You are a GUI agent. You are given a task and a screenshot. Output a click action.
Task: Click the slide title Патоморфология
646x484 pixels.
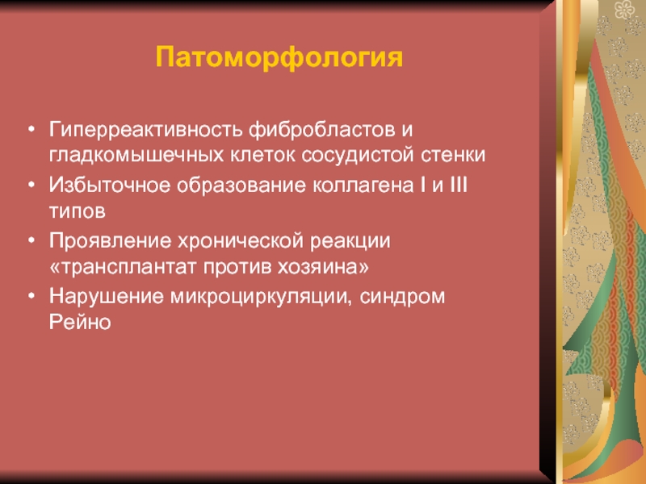[279, 57]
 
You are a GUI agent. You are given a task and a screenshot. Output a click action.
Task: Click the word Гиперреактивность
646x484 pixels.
[145, 131]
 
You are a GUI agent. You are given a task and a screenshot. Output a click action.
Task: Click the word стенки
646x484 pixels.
[453, 156]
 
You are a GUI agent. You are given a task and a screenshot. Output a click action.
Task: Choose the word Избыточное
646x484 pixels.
[110, 186]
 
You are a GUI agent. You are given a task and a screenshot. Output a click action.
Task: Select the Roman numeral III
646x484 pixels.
[459, 185]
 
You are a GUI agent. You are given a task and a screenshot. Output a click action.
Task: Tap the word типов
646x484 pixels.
[78, 211]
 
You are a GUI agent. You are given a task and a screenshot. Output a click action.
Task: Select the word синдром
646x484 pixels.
[402, 297]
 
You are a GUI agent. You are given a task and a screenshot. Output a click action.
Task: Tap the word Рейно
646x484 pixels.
[80, 322]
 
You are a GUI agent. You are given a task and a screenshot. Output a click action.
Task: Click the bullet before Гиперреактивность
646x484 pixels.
[31, 129]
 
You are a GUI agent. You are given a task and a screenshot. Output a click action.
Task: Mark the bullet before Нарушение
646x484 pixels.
[31, 295]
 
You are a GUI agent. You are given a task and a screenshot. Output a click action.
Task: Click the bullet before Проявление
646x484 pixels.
[31, 240]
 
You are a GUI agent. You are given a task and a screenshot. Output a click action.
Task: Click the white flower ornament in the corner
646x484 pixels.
[625, 9]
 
